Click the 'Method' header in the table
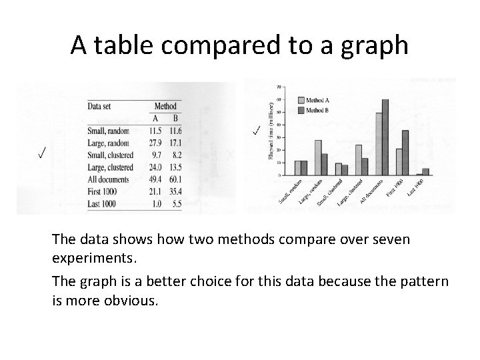(x=165, y=106)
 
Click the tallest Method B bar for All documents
(x=385, y=137)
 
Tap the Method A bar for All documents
(x=379, y=144)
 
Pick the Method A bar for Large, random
(x=318, y=158)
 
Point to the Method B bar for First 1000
(x=405, y=153)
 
